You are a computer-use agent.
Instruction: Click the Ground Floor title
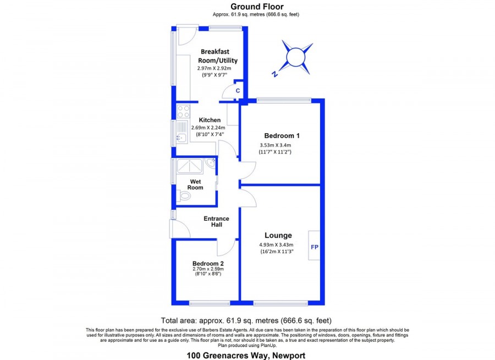[x=257, y=7]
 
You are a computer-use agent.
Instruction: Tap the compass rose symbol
[x=296, y=57]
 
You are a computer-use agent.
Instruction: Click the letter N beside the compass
[x=274, y=74]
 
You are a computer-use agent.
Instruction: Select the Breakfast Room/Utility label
[x=217, y=56]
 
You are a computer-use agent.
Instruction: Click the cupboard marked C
[x=238, y=91]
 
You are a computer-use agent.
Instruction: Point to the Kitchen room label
[x=210, y=120]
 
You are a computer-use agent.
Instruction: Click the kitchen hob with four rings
[x=183, y=112]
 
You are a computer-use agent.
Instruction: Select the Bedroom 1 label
[x=282, y=136]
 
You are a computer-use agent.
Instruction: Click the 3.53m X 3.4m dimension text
[x=276, y=145]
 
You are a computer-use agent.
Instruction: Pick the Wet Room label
[x=195, y=184]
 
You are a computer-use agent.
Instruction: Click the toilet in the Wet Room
[x=184, y=197]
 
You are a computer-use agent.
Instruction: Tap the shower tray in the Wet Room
[x=189, y=166]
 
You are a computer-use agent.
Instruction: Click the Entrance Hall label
[x=216, y=222]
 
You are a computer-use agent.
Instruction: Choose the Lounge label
[x=278, y=236]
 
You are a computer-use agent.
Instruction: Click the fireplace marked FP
[x=315, y=246]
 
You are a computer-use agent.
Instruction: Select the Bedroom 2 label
[x=208, y=264]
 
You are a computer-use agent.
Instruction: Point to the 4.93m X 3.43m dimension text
[x=276, y=244]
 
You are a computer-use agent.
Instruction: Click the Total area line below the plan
[x=246, y=321]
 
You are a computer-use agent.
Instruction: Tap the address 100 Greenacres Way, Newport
[x=246, y=356]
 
